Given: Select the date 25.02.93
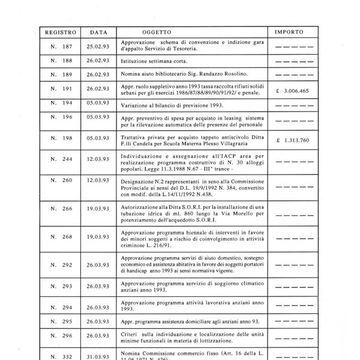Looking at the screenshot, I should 98,47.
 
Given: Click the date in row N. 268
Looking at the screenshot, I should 98,236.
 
